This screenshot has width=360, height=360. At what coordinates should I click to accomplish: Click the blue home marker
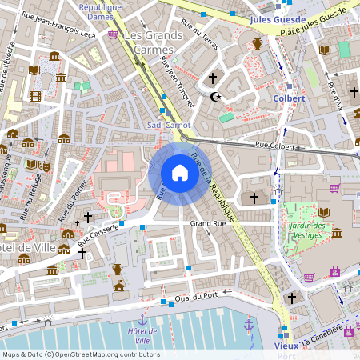pos(180,173)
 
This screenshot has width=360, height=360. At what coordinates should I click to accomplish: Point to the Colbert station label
pos(289,98)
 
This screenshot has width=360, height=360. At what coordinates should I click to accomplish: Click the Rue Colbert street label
pos(276,146)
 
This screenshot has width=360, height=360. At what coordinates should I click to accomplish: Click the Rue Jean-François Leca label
pos(67,35)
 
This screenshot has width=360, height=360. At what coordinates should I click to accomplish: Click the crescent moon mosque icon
pos(214,97)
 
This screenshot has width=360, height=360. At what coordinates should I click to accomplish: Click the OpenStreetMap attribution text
pos(80,354)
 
